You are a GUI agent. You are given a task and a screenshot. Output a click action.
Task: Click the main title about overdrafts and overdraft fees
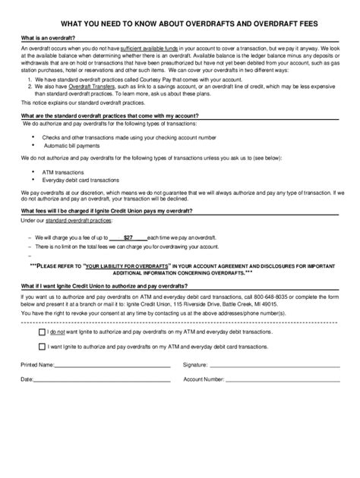click(179, 25)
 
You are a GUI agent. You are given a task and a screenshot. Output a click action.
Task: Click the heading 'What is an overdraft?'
click(47, 38)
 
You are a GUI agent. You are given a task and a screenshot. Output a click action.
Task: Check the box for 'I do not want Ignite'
click(41, 332)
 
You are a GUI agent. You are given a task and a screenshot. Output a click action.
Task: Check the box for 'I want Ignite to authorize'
click(41, 346)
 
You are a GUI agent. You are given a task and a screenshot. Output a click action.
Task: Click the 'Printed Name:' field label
click(38, 364)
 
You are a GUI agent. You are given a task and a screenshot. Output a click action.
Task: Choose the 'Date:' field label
click(27, 379)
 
